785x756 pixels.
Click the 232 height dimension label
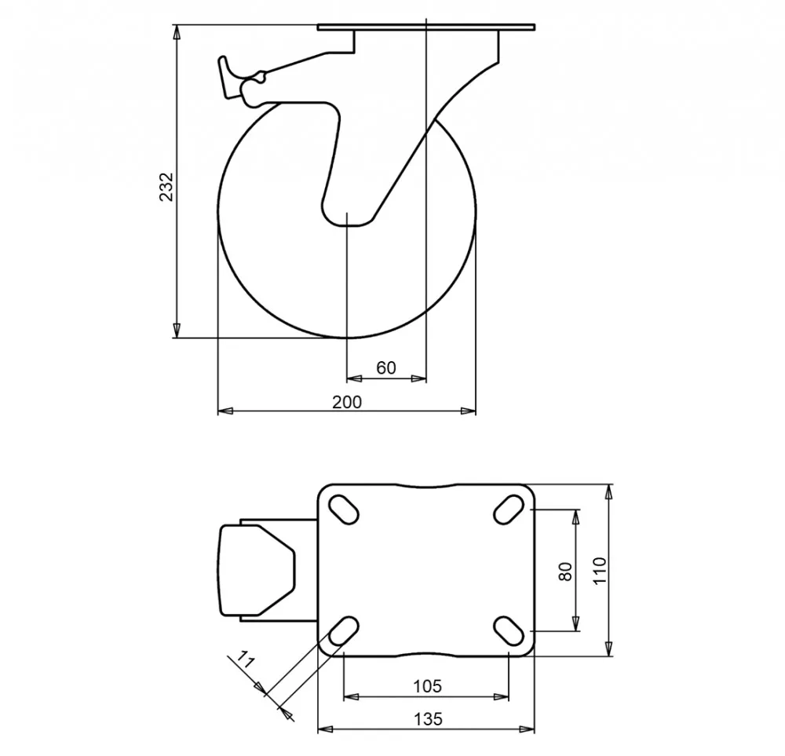coord(166,187)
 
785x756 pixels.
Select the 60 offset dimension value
coord(386,368)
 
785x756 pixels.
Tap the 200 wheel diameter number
coord(347,402)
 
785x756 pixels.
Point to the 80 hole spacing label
coord(566,572)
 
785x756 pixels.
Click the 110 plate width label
coord(600,570)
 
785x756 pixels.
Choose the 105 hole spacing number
coord(428,686)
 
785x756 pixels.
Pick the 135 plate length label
coord(429,719)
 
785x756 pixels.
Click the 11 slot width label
coord(245,660)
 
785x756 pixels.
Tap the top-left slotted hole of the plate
coord(344,509)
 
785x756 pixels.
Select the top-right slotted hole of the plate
coord(509,509)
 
